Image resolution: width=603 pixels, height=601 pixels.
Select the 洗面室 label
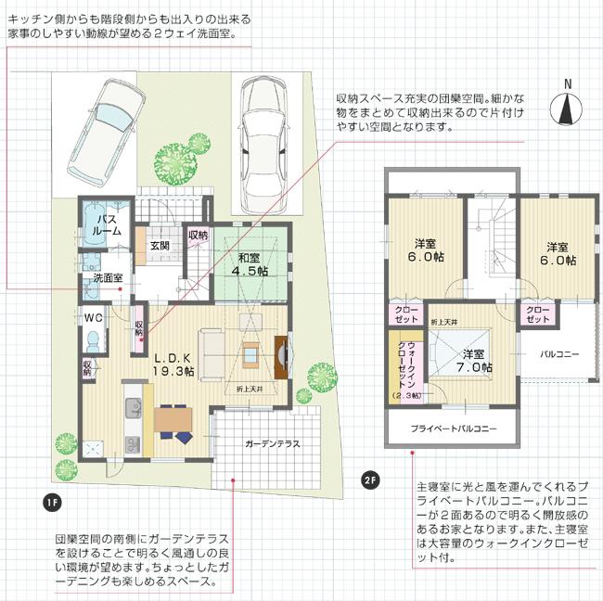108,278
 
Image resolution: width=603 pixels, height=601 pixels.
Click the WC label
94,317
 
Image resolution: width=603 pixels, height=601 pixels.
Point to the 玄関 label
159,246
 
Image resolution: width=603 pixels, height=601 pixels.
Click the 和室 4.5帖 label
249,264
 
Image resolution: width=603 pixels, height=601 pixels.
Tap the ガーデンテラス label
273,444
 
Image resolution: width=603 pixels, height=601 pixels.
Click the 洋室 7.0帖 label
474,361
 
